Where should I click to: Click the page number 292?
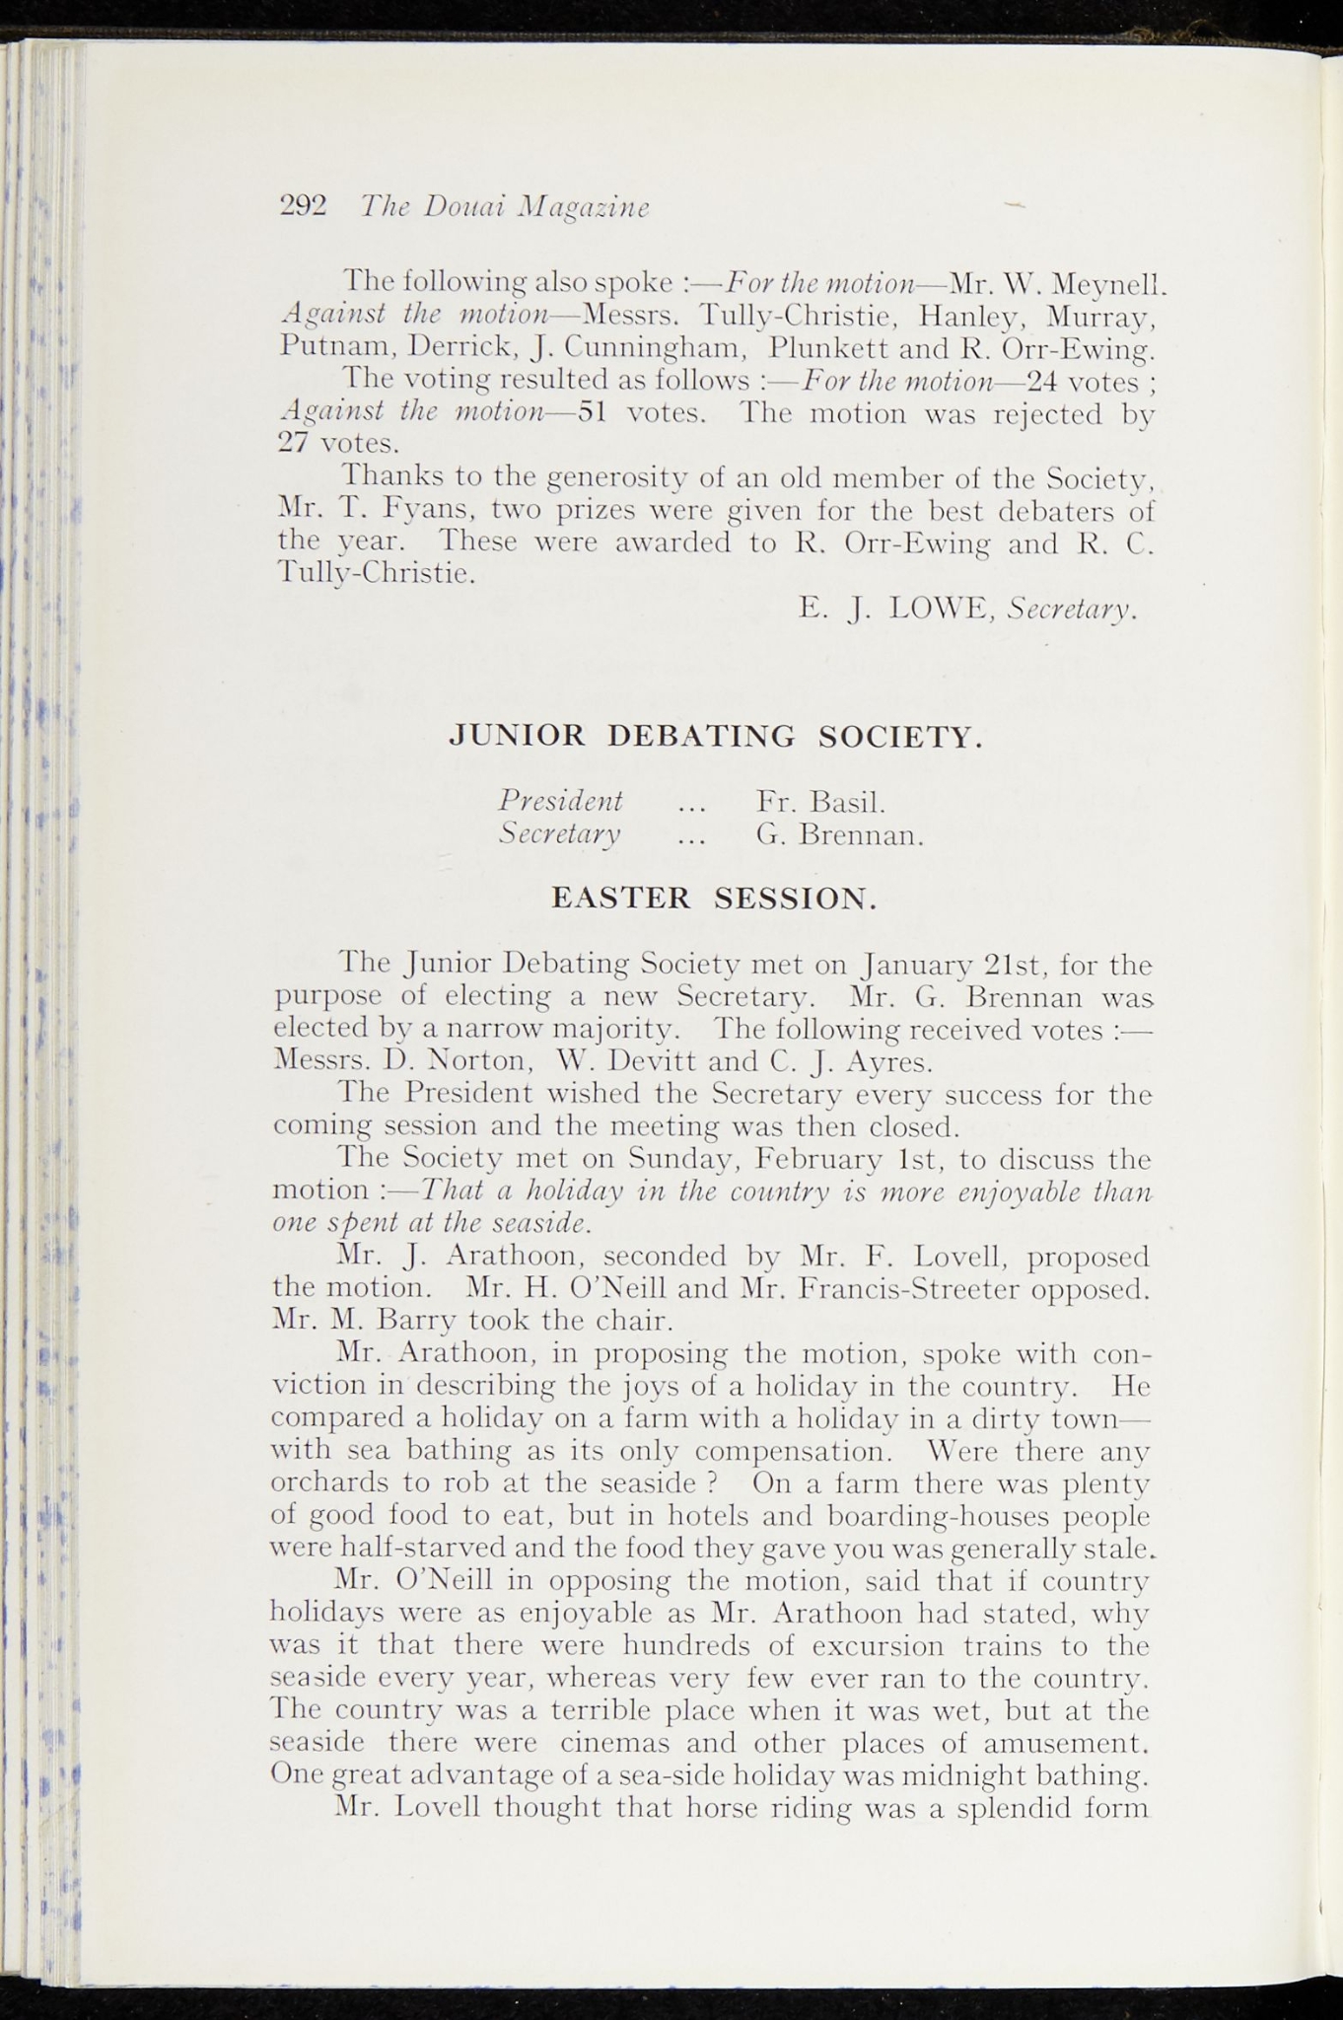tap(303, 205)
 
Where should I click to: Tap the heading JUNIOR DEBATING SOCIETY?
tap(715, 736)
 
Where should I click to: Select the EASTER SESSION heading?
tap(713, 898)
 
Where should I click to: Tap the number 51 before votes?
tap(591, 411)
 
